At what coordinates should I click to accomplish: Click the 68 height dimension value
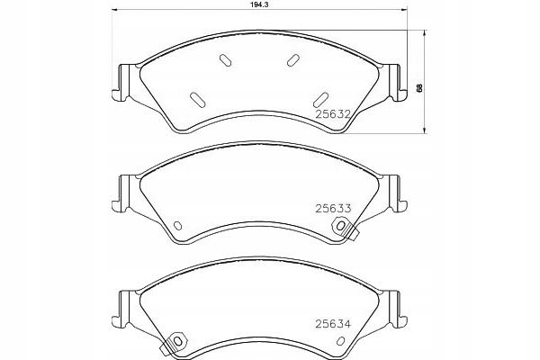point(419,88)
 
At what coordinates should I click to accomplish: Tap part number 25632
point(333,114)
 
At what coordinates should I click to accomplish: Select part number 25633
point(333,209)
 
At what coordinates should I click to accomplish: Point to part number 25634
point(333,324)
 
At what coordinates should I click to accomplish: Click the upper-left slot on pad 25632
point(226,60)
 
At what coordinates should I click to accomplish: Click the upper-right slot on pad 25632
point(292,60)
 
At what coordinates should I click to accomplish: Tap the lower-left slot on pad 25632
point(198,100)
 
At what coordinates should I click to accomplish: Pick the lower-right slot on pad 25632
point(320,100)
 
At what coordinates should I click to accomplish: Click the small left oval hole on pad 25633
point(177,226)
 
